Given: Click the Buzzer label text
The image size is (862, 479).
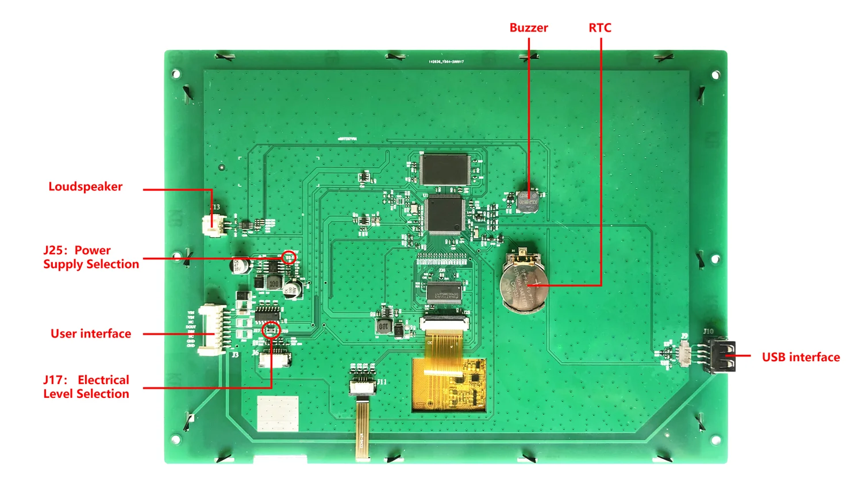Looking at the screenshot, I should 528,28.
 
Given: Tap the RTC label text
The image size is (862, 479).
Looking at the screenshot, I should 599,28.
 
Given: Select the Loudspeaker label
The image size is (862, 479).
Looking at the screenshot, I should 85,186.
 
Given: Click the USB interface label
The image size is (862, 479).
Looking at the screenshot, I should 801,357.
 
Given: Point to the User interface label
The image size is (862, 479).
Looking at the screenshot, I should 91,334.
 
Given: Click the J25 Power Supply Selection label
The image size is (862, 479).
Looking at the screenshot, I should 91,257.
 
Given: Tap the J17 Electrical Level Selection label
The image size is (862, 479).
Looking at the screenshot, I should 86,386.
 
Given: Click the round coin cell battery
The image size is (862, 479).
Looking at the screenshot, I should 522,284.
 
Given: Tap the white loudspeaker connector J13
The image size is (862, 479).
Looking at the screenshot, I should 213,226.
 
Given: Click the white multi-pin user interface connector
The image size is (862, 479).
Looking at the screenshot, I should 209,330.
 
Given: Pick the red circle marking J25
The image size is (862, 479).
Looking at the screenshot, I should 289,258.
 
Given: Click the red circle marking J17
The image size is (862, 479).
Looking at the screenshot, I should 271,330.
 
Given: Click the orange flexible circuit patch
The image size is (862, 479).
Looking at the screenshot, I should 449,384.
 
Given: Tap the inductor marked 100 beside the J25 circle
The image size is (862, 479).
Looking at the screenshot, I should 274,283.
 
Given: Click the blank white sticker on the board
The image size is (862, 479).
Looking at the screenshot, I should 278,413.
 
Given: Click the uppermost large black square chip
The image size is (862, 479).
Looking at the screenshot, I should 445,169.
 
